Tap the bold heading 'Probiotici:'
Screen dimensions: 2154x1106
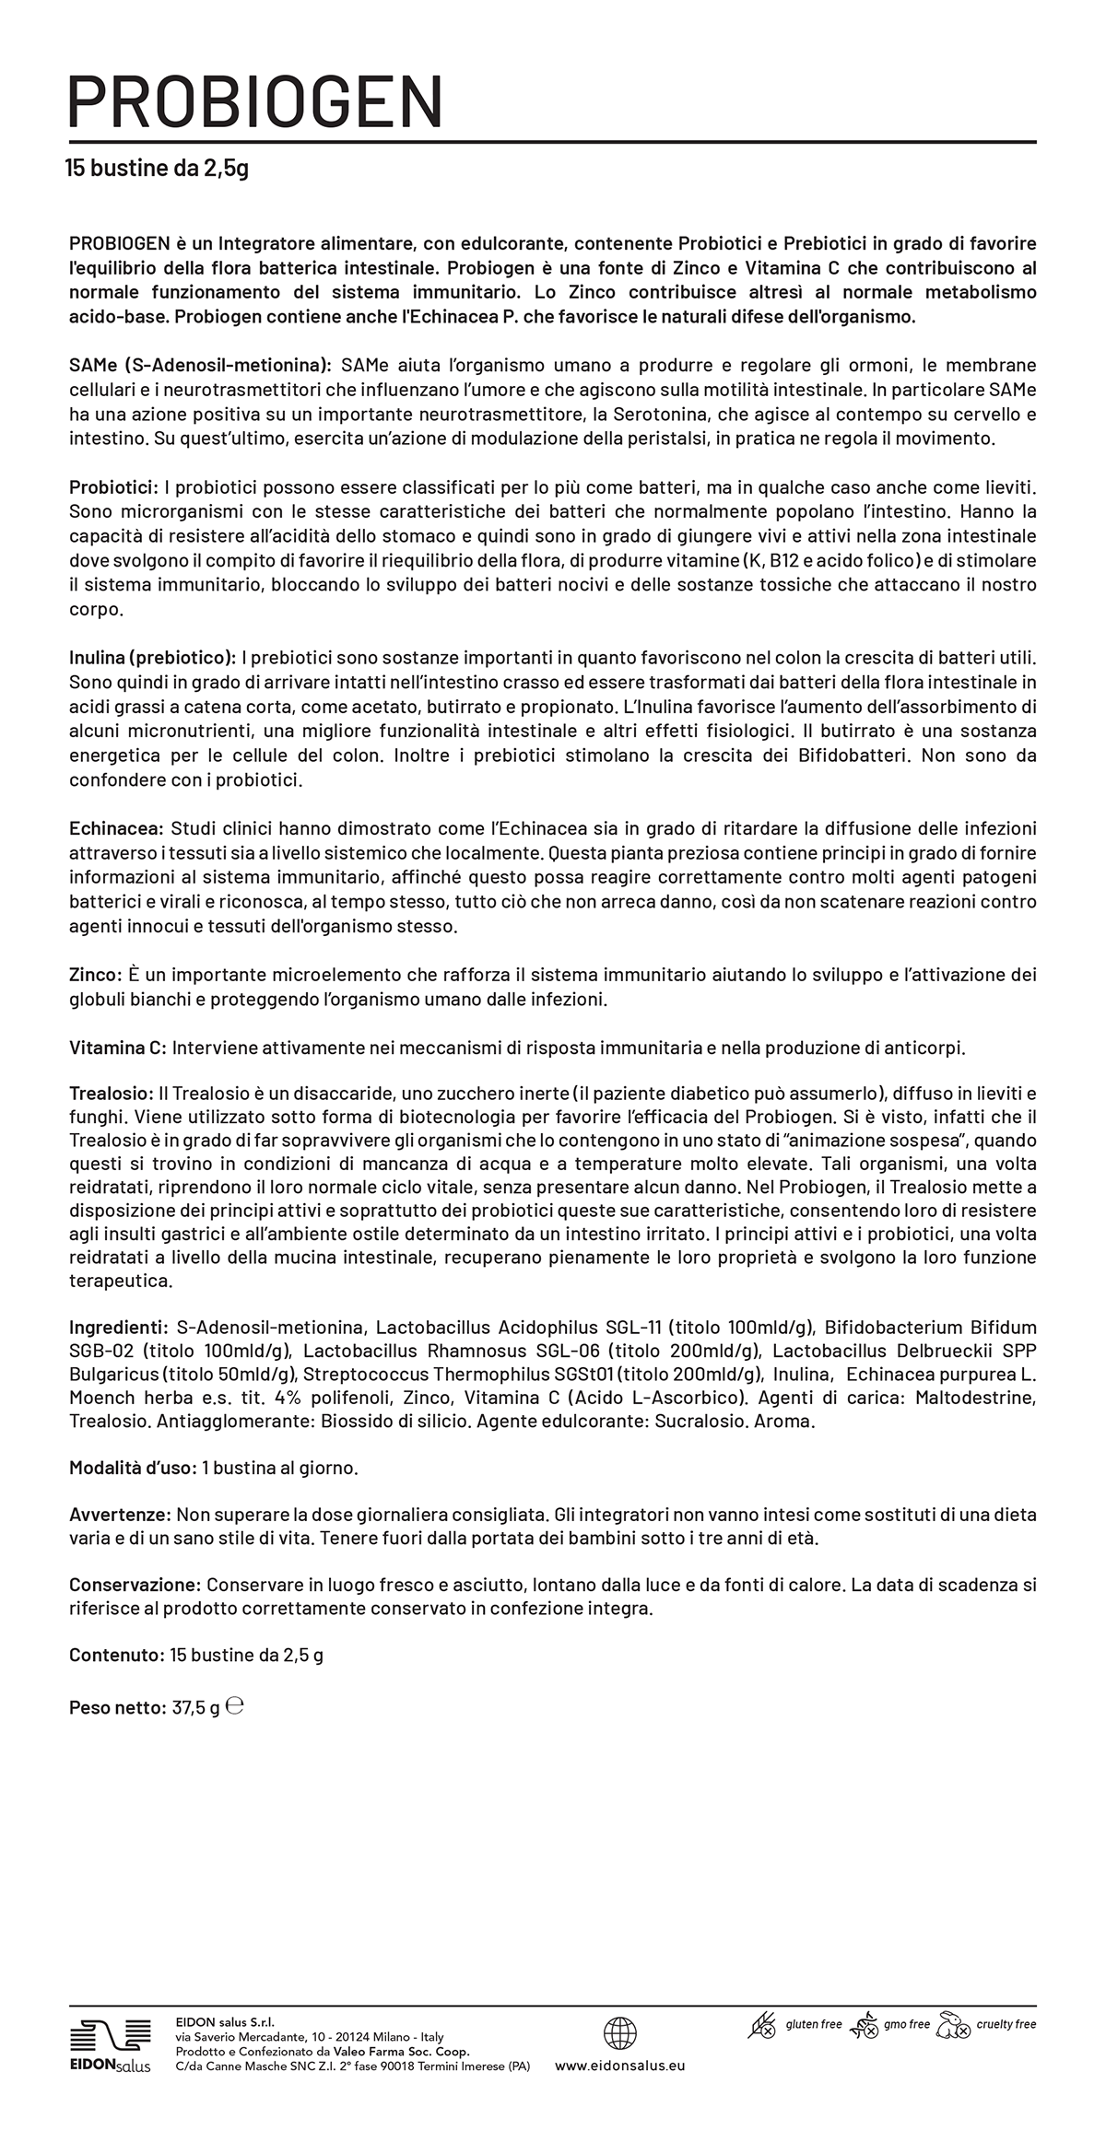(x=113, y=486)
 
